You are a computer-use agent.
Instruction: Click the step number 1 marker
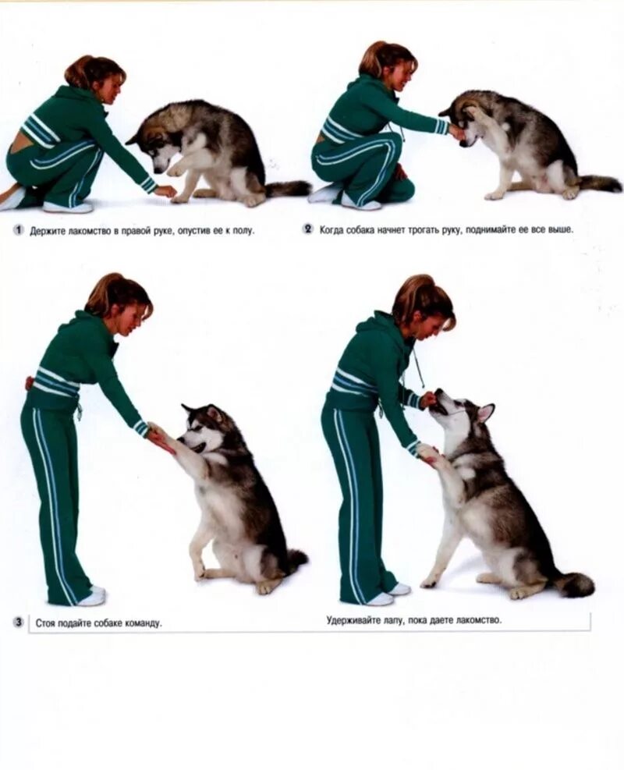click(x=19, y=230)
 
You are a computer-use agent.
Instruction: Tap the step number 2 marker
click(x=308, y=229)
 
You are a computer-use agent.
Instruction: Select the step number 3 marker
click(x=19, y=623)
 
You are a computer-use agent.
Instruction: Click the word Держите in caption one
click(x=44, y=230)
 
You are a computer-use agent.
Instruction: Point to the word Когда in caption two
click(x=331, y=229)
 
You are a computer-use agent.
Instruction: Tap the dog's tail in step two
click(x=599, y=183)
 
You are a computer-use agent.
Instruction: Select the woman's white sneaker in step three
click(x=92, y=595)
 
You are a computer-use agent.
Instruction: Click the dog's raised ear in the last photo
click(x=485, y=412)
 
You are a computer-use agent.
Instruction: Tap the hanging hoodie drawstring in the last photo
click(x=417, y=365)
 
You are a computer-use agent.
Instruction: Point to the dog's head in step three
click(x=204, y=430)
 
